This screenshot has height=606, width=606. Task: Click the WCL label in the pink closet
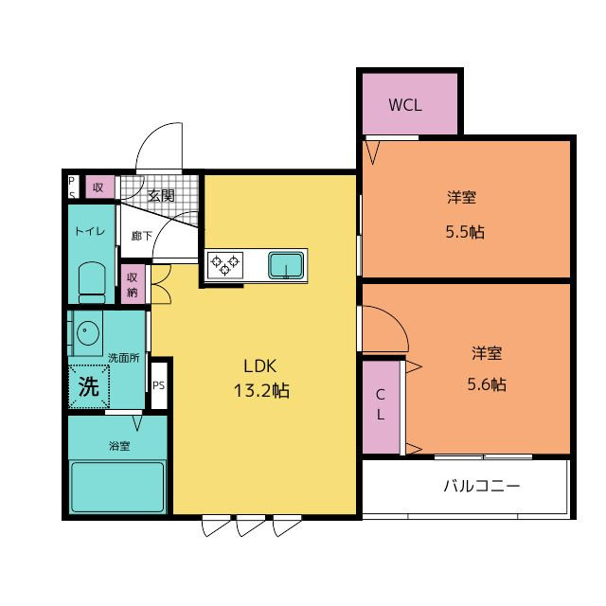pyautogui.click(x=404, y=105)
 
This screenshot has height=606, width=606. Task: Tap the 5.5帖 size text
pyautogui.click(x=465, y=232)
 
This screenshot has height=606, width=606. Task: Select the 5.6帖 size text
pyautogui.click(x=487, y=384)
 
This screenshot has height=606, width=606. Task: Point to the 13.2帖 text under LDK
pyautogui.click(x=261, y=390)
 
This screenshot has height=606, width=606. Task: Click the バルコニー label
pyautogui.click(x=482, y=486)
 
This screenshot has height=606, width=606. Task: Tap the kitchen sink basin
pyautogui.click(x=286, y=265)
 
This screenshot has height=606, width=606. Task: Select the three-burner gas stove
pyautogui.click(x=225, y=265)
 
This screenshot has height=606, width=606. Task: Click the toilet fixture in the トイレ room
pyautogui.click(x=92, y=282)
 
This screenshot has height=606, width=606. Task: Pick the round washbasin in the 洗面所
pyautogui.click(x=88, y=332)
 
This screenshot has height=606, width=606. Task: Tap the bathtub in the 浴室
pyautogui.click(x=117, y=487)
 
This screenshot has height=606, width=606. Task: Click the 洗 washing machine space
pyautogui.click(x=89, y=386)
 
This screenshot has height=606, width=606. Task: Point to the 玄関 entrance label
pyautogui.click(x=161, y=196)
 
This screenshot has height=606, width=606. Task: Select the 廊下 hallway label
pyautogui.click(x=142, y=236)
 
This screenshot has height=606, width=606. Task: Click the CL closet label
pyautogui.click(x=381, y=404)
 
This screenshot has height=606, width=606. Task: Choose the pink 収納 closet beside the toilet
pyautogui.click(x=133, y=284)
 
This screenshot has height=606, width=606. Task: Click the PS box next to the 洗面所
pyautogui.click(x=158, y=385)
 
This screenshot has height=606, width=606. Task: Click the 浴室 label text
pyautogui.click(x=119, y=446)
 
